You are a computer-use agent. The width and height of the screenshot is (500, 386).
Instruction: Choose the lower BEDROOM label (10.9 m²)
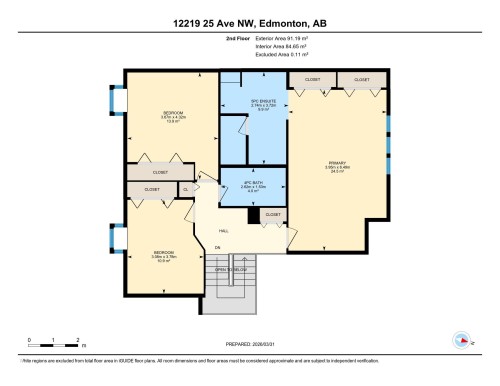(x=163, y=253)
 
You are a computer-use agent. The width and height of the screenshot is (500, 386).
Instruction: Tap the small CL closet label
(x=184, y=188)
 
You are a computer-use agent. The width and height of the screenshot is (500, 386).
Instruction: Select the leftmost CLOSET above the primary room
(x=310, y=79)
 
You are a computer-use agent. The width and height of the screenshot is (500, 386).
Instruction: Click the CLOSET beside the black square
(x=272, y=214)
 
